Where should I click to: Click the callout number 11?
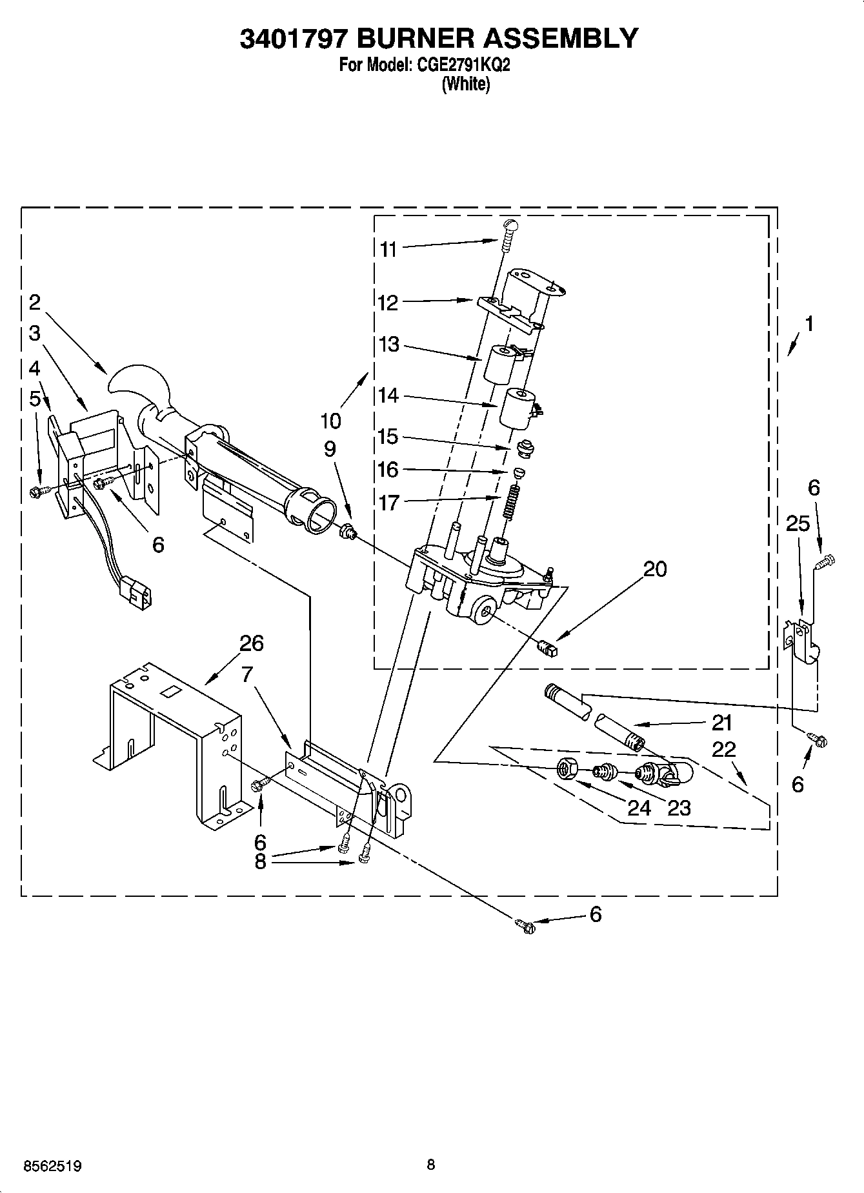tap(387, 249)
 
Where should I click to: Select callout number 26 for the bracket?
tap(251, 643)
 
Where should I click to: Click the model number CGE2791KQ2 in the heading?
tap(463, 65)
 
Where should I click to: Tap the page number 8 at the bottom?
tap(431, 1164)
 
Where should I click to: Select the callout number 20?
tap(655, 569)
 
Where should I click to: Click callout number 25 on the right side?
tap(798, 524)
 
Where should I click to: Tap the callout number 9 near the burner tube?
tap(330, 448)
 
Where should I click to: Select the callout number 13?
tap(388, 345)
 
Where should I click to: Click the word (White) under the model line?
tap(465, 84)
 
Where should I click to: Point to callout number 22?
tap(723, 749)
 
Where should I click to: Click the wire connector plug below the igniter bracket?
tap(138, 588)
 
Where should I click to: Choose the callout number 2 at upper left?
tap(34, 302)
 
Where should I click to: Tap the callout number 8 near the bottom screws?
tap(260, 862)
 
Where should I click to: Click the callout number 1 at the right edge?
tap(809, 324)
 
